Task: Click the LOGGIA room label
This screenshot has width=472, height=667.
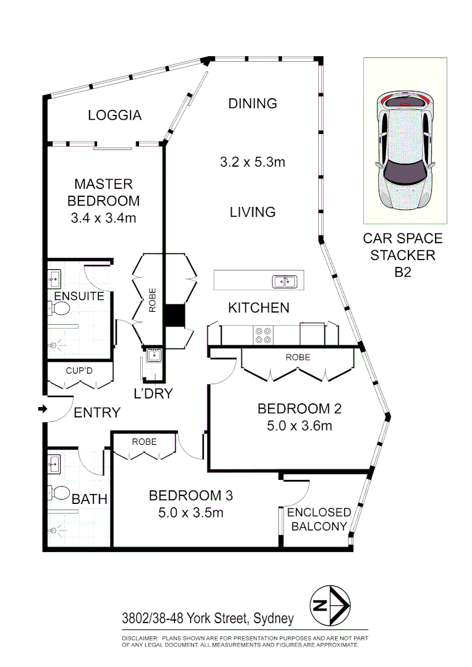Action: (x=115, y=115)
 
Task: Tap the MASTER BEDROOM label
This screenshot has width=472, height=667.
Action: (x=103, y=192)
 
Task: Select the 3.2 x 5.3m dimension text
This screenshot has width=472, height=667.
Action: (x=252, y=162)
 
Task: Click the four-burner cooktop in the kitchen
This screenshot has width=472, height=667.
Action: (x=262, y=334)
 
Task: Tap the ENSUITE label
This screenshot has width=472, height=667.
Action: (x=79, y=296)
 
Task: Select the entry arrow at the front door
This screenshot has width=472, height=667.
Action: (x=42, y=409)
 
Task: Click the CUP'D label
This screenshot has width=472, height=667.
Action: (x=78, y=371)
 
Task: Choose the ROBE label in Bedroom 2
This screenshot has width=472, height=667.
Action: (x=298, y=358)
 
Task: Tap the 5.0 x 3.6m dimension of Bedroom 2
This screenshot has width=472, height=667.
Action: (x=299, y=426)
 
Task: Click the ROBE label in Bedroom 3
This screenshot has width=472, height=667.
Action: (x=145, y=442)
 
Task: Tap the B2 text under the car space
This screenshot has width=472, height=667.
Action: (x=403, y=272)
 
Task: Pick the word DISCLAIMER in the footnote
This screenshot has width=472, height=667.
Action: (x=140, y=637)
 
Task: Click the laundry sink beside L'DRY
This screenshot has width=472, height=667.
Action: (x=153, y=355)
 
